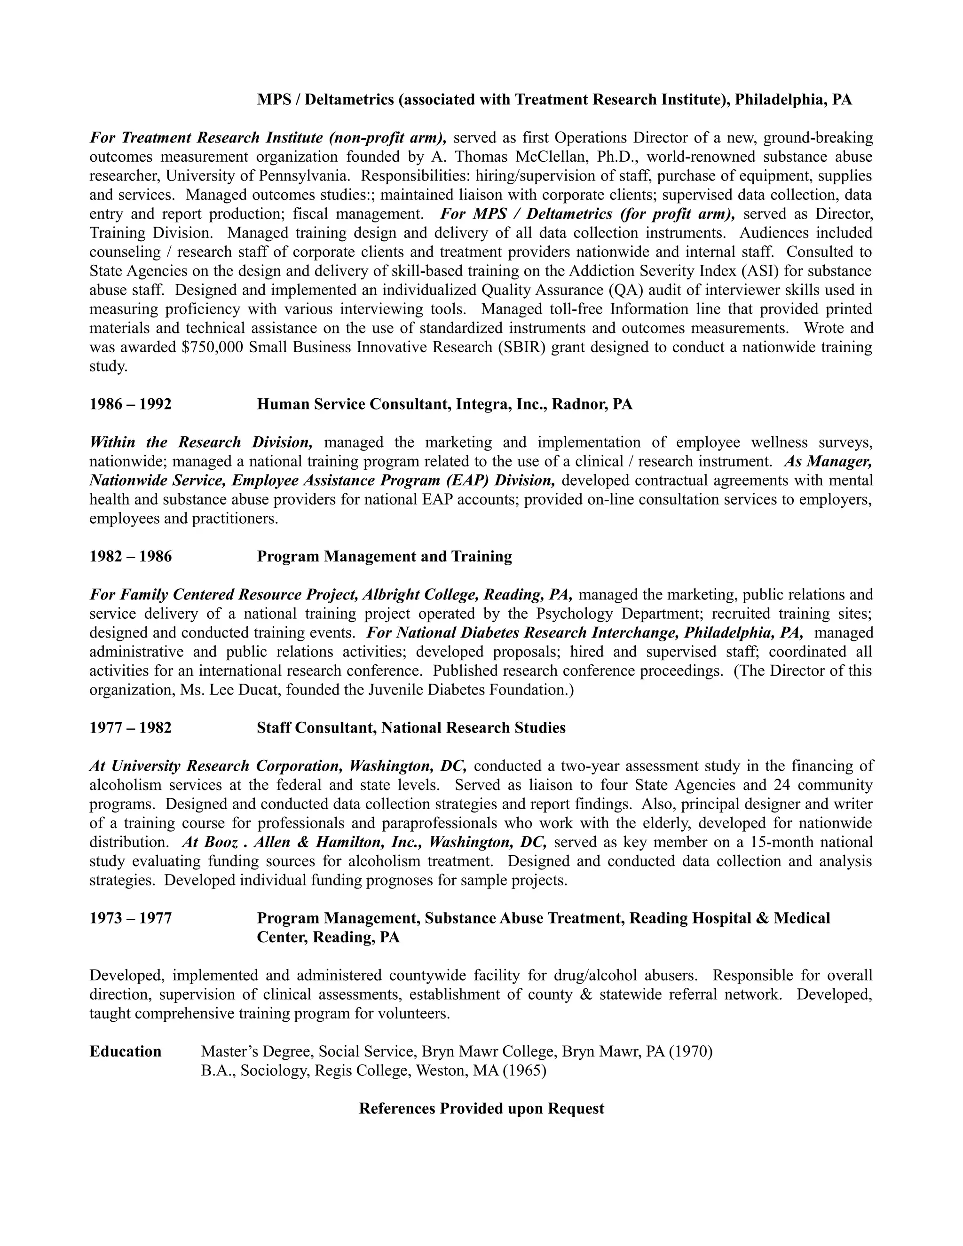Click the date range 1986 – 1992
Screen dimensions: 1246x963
(130, 404)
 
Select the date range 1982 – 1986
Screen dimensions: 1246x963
(130, 556)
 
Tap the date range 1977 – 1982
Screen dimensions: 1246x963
(130, 728)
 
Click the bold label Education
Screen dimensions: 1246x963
(126, 1051)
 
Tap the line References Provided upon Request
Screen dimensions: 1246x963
(481, 1109)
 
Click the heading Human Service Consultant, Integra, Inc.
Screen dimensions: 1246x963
(444, 404)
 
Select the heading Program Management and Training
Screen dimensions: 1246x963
(384, 556)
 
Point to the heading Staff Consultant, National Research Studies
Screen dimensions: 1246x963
(411, 728)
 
